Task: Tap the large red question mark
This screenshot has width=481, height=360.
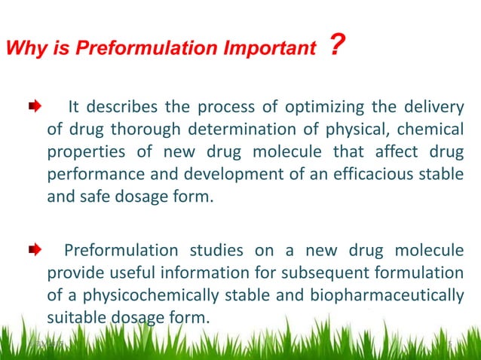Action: coord(337,46)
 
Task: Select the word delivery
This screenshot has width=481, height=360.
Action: coord(430,106)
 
